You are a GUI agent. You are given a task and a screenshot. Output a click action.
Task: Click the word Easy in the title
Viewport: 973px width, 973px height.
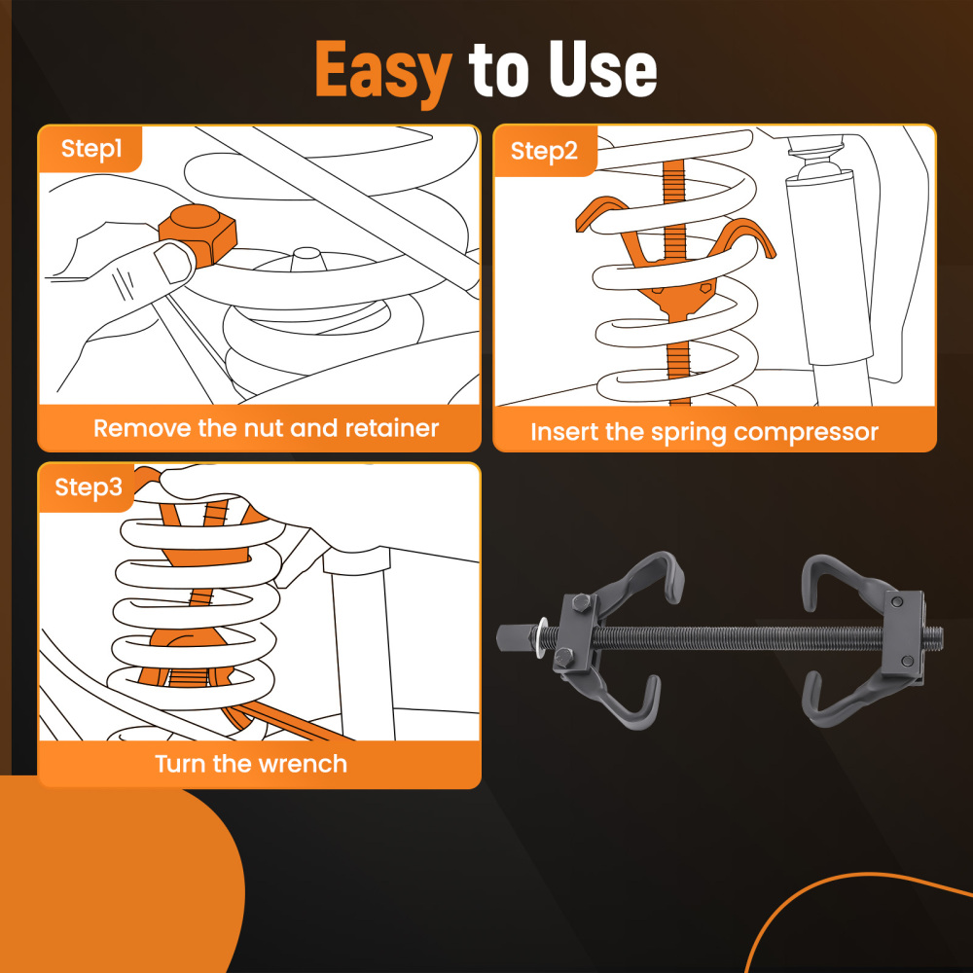click(x=383, y=70)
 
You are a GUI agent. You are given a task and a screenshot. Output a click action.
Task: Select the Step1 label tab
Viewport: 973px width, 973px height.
click(x=91, y=149)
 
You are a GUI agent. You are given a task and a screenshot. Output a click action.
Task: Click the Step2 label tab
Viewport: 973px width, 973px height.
click(x=544, y=151)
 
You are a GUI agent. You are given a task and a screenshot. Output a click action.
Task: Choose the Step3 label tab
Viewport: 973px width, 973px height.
click(x=89, y=487)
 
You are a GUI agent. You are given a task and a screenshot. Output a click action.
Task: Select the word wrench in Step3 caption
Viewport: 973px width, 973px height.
click(x=304, y=764)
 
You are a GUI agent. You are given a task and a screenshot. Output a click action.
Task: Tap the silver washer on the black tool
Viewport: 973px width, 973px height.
click(x=538, y=638)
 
